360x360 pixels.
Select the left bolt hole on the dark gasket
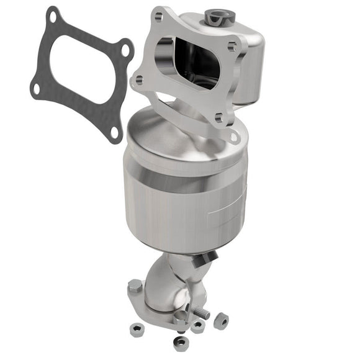[36, 88]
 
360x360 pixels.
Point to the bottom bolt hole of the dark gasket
[113, 132]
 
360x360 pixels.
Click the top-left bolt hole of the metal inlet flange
[158, 18]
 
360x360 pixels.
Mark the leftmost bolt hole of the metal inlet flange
[139, 79]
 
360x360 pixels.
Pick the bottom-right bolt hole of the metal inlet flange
[218, 116]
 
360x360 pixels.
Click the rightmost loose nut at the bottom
[220, 321]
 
